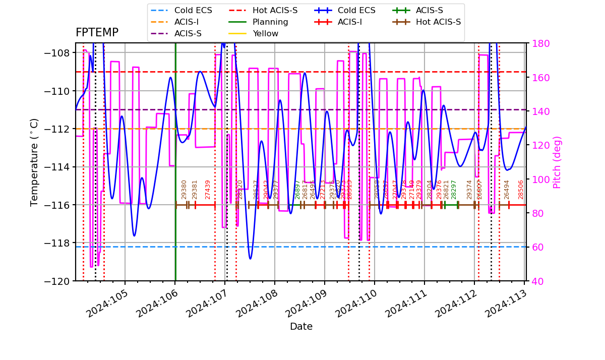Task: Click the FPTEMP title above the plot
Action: pos(97,33)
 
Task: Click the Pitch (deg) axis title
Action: pos(557,162)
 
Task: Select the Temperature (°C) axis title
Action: pos(34,162)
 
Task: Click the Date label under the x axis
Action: pos(301,327)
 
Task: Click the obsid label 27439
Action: pos(208,190)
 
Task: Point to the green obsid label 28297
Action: pos(454,190)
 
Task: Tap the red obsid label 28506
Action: pos(521,190)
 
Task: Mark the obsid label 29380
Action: pos(184,190)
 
